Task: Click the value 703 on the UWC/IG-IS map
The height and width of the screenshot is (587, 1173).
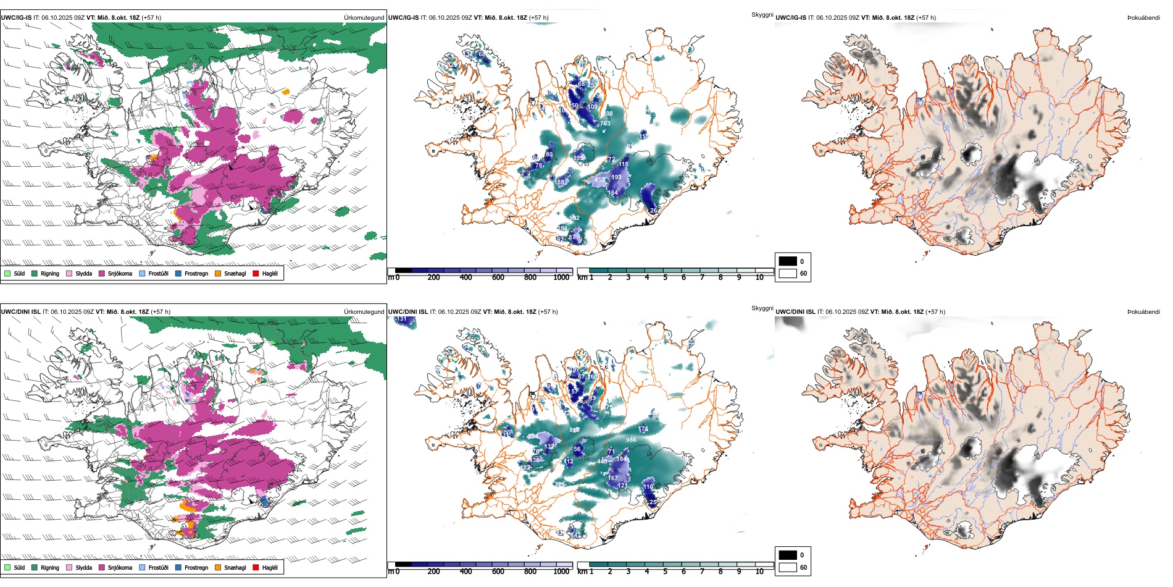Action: click(x=605, y=124)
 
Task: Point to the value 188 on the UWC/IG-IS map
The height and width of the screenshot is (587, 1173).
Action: click(x=559, y=182)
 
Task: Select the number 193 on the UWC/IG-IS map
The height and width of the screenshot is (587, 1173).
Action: click(x=616, y=177)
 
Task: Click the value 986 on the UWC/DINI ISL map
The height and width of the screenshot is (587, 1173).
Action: click(x=631, y=440)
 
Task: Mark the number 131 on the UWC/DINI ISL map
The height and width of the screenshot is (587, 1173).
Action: click(x=401, y=319)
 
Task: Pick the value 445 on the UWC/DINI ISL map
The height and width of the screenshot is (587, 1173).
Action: click(x=603, y=462)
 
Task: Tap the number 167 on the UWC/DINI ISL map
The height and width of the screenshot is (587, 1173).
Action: click(x=612, y=478)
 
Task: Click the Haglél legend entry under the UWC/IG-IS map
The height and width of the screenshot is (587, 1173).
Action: click(x=265, y=273)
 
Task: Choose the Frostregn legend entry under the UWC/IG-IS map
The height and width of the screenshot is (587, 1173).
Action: click(x=191, y=273)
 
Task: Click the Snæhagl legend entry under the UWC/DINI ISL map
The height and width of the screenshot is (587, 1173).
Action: click(x=230, y=567)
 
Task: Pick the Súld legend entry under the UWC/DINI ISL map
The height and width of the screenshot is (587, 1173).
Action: click(x=15, y=567)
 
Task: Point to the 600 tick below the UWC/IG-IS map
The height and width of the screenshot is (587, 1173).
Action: click(x=498, y=277)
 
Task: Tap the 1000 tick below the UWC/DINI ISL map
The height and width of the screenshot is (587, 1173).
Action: click(x=561, y=572)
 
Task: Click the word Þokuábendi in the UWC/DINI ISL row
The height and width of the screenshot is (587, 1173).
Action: click(x=1143, y=312)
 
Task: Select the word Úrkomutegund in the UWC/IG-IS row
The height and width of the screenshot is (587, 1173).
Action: click(x=364, y=18)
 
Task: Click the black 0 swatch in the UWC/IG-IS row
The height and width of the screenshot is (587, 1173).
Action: click(x=788, y=261)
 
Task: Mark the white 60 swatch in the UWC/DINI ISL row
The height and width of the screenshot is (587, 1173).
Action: click(x=788, y=567)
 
